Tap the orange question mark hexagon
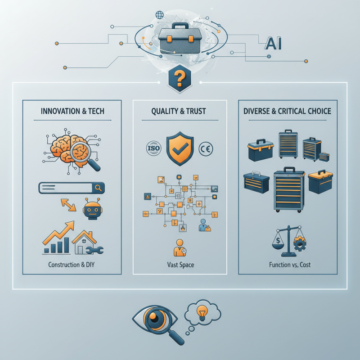pos(180,81)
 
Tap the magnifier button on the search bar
pos(98,188)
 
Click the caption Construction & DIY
pos(71,265)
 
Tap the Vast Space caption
pos(180,265)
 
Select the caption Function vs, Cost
pos(288,265)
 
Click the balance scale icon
pos(288,241)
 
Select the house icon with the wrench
pos(88,243)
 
